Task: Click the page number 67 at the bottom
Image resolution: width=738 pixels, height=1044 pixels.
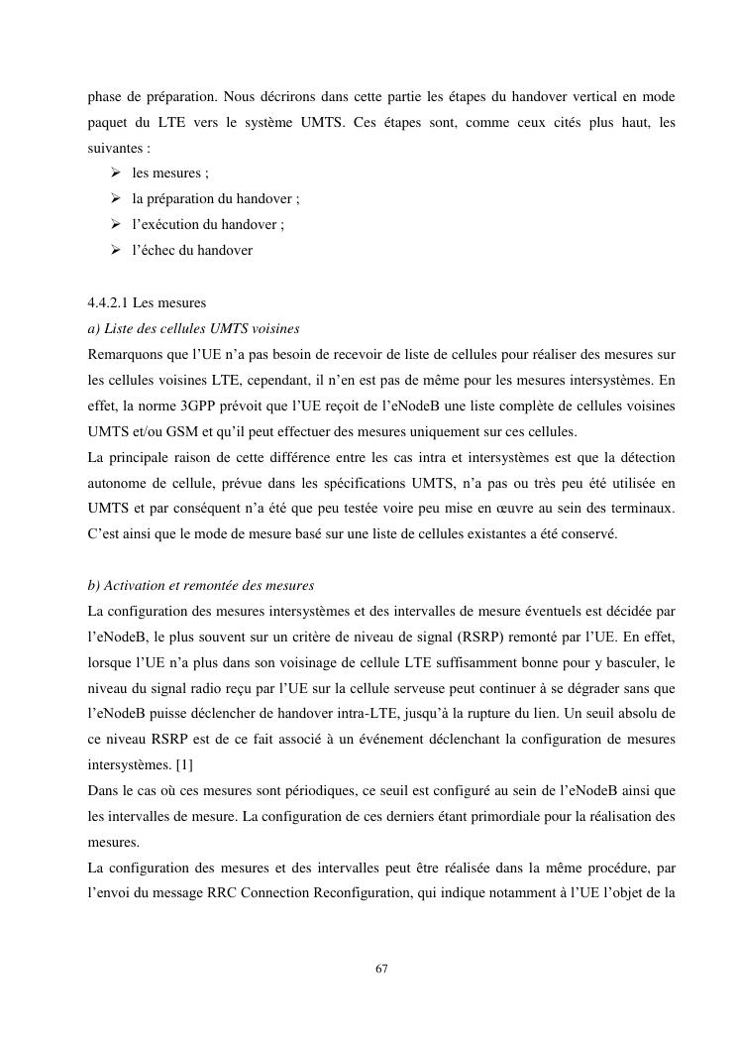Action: (381, 968)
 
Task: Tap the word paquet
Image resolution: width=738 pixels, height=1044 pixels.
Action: (110, 122)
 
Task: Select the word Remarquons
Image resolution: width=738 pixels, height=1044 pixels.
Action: (125, 354)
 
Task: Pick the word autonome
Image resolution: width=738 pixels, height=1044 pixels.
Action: (116, 483)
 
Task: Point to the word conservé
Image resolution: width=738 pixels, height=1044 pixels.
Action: (590, 534)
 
